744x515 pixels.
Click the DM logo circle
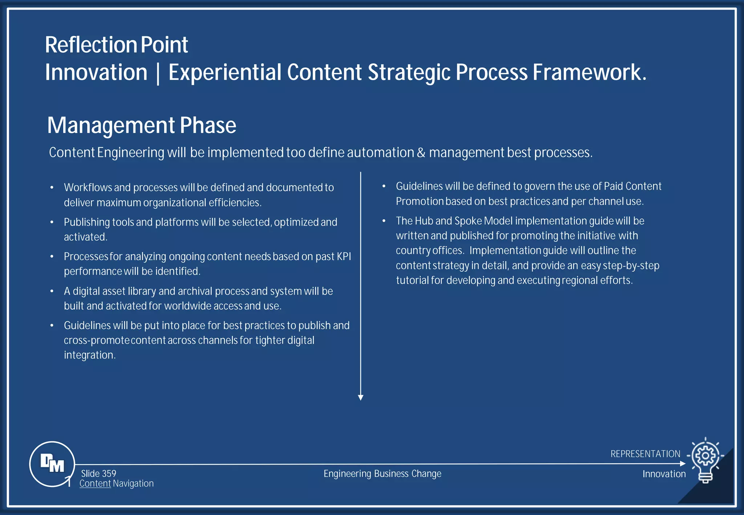click(52, 464)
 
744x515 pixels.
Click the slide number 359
click(98, 474)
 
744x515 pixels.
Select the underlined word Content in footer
click(95, 484)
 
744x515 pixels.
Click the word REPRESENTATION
click(645, 454)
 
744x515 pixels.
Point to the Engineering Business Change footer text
click(382, 474)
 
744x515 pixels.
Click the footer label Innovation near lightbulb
click(664, 474)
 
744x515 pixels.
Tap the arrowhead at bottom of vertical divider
click(360, 398)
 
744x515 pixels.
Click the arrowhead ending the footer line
click(683, 464)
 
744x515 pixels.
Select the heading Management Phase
click(142, 125)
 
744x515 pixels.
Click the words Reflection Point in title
click(116, 45)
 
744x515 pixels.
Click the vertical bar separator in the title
click(158, 73)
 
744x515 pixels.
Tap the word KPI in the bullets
click(344, 256)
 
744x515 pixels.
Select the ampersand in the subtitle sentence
click(421, 153)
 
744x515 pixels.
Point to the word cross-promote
click(96, 341)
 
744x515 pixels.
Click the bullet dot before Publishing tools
click(52, 222)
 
